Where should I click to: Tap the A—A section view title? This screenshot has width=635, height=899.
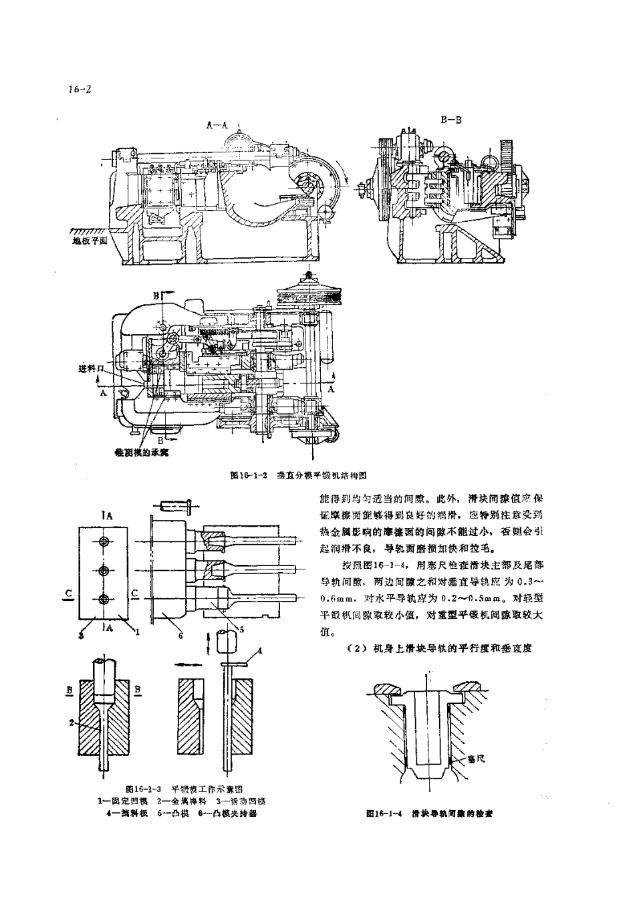tap(217, 124)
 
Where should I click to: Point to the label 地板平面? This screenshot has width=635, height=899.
tap(90, 241)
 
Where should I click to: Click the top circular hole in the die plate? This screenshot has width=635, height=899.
tap(103, 541)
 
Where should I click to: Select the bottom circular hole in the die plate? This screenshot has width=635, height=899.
tap(103, 600)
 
